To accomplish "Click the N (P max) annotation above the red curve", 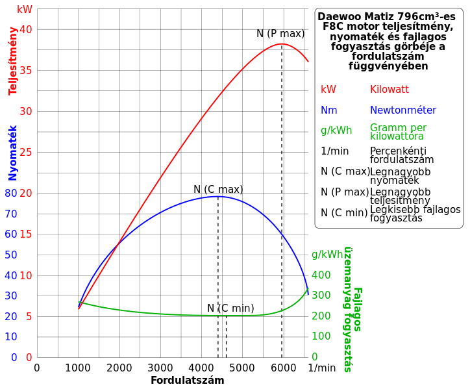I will [x=280, y=34].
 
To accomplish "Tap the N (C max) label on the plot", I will [x=218, y=190].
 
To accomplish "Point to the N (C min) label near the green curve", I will [x=230, y=308].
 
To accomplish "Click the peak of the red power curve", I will [x=282, y=44].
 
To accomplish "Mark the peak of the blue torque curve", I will [x=217, y=196].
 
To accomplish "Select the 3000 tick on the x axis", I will [x=160, y=368].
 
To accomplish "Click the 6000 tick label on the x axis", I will [x=284, y=368].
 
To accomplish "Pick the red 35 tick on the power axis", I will [x=26, y=70].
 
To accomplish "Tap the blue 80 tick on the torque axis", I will [x=11, y=193].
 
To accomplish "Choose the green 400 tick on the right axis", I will [x=321, y=275].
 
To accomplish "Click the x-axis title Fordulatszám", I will [x=188, y=381].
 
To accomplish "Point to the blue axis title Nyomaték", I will [x=13, y=153].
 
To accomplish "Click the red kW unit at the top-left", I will [x=25, y=10].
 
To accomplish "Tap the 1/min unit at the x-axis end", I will [x=322, y=368].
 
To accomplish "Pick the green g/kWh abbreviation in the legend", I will [x=336, y=131].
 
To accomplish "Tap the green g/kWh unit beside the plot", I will [x=328, y=255].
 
